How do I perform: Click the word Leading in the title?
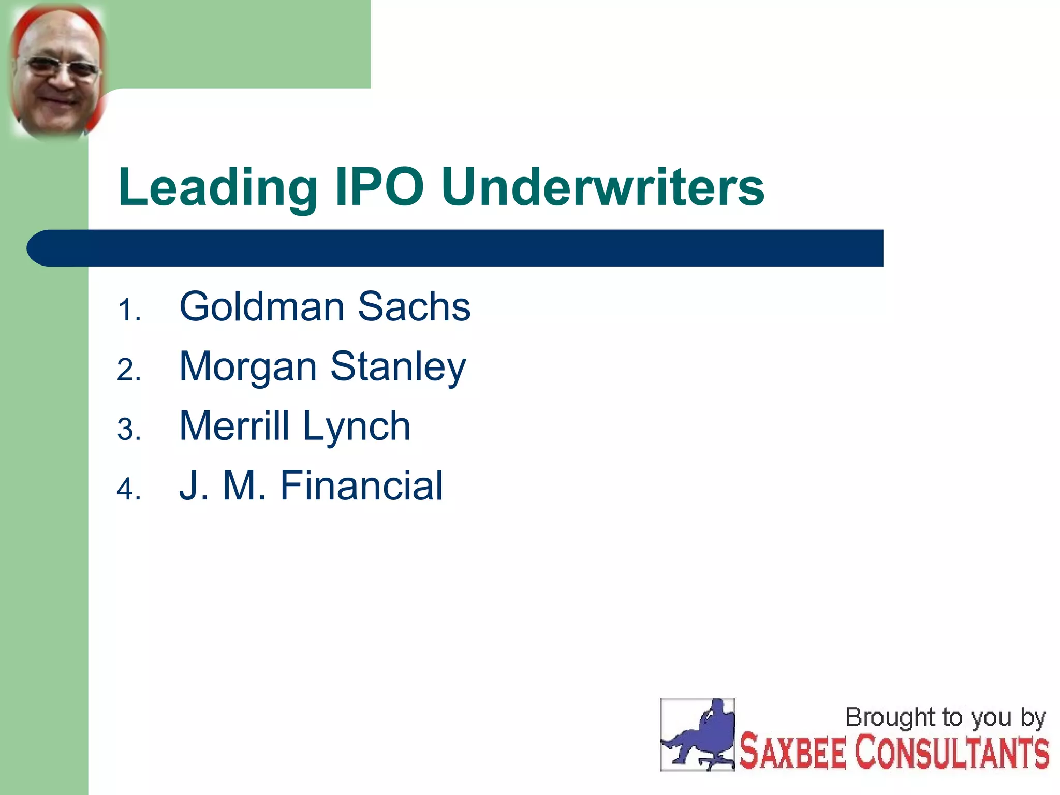[x=217, y=187]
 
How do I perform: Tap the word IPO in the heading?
[x=379, y=187]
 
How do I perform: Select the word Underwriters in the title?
[x=603, y=187]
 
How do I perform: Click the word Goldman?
[x=261, y=306]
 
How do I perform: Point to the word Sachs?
[x=414, y=306]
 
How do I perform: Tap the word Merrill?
[x=234, y=426]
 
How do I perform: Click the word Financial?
[x=361, y=485]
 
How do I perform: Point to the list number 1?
[x=128, y=311]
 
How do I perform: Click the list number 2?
[x=128, y=371]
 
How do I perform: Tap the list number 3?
[x=128, y=430]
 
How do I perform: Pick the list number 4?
[x=128, y=490]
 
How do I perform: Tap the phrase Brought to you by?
[x=945, y=718]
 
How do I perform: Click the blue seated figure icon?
[x=698, y=735]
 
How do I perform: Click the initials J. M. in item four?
[x=223, y=485]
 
